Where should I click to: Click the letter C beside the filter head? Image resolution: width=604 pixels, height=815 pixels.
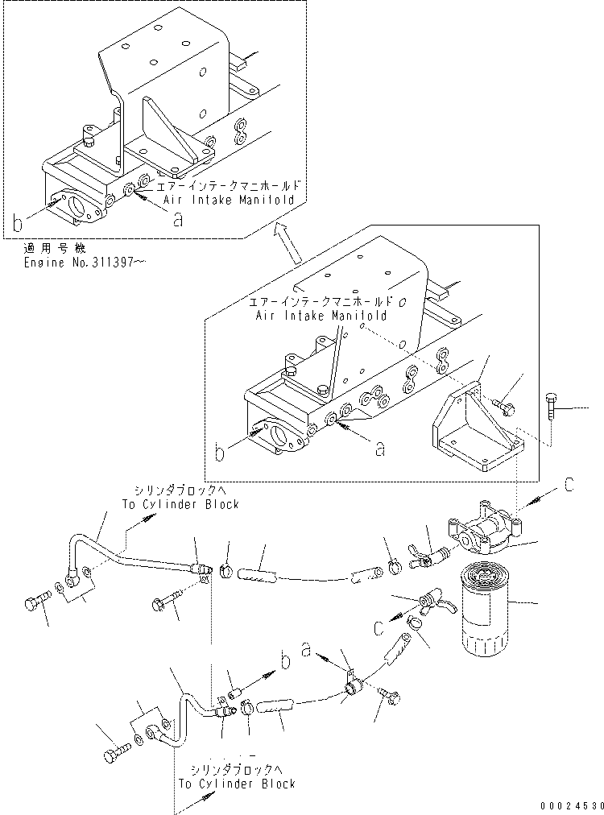568,485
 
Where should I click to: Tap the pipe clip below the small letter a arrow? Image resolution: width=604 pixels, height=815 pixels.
351,687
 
